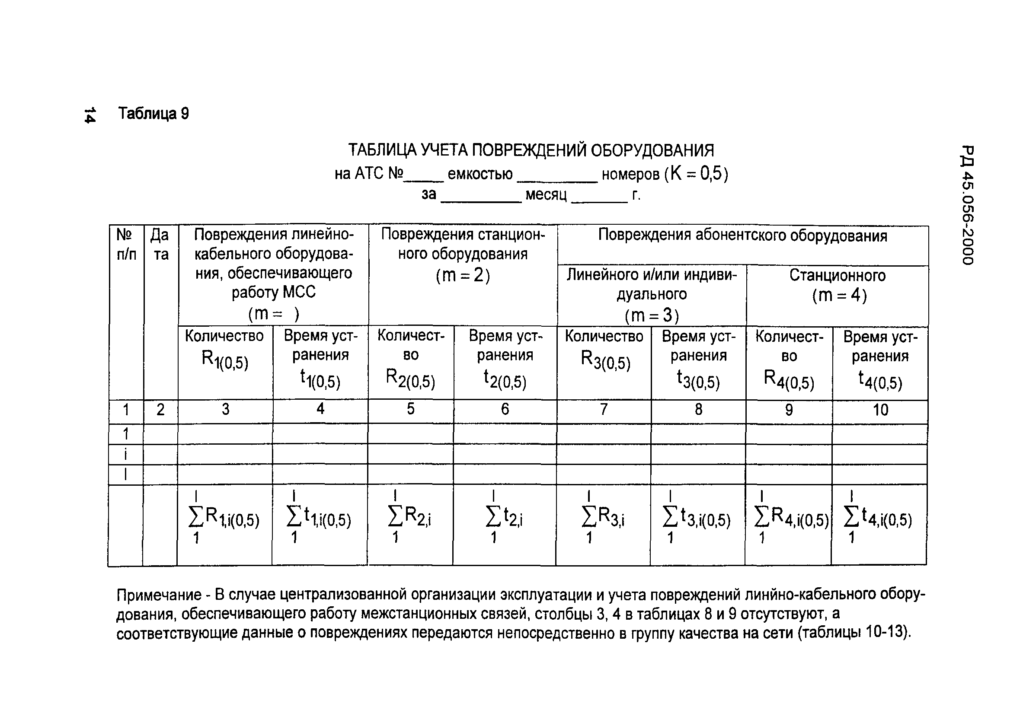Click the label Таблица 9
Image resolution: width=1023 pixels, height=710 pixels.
(153, 114)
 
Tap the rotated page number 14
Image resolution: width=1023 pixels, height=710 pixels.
(90, 115)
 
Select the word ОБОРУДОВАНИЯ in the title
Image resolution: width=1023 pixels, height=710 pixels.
(652, 150)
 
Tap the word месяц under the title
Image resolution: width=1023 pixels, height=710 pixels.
(546, 195)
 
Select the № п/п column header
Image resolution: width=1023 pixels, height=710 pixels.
(126, 244)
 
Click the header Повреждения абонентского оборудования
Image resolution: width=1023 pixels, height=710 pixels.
(742, 236)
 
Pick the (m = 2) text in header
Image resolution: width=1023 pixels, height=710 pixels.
(463, 275)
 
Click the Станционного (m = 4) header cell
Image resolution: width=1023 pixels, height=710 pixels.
(838, 285)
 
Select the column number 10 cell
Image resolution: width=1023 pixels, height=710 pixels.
(880, 410)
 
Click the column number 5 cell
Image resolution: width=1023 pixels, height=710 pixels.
(410, 409)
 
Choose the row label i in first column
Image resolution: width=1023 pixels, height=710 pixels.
(126, 454)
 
